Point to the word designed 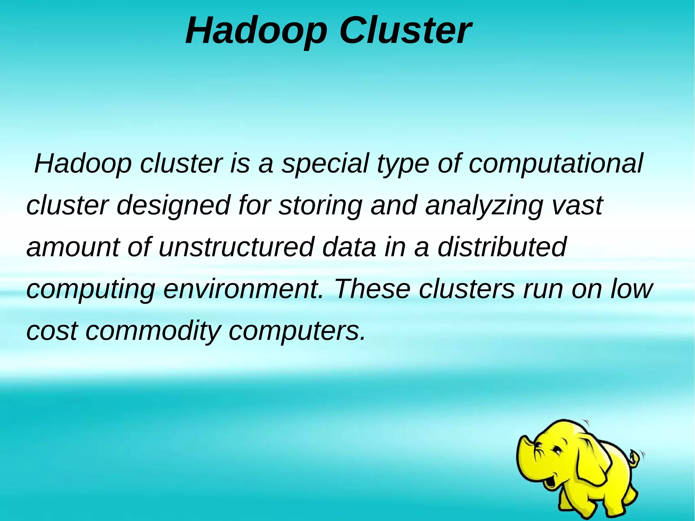click(173, 206)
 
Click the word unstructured click(236, 247)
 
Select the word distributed click(502, 247)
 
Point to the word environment click(243, 289)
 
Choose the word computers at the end click(297, 331)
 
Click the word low click(631, 289)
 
